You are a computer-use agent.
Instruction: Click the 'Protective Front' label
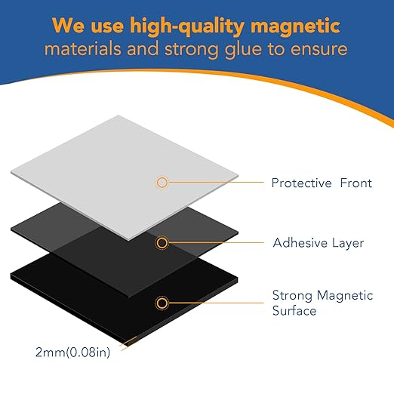[x=322, y=183]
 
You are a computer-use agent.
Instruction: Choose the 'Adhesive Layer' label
[x=318, y=243]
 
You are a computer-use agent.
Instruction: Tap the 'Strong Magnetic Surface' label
[x=318, y=303]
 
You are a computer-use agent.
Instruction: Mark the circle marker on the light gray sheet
[x=162, y=182]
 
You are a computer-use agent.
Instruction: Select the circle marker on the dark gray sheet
[x=162, y=242]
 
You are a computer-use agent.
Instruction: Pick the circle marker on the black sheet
[x=162, y=303]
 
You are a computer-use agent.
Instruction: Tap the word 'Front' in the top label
[x=356, y=183]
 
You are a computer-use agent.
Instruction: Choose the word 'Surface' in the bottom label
[x=294, y=310]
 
